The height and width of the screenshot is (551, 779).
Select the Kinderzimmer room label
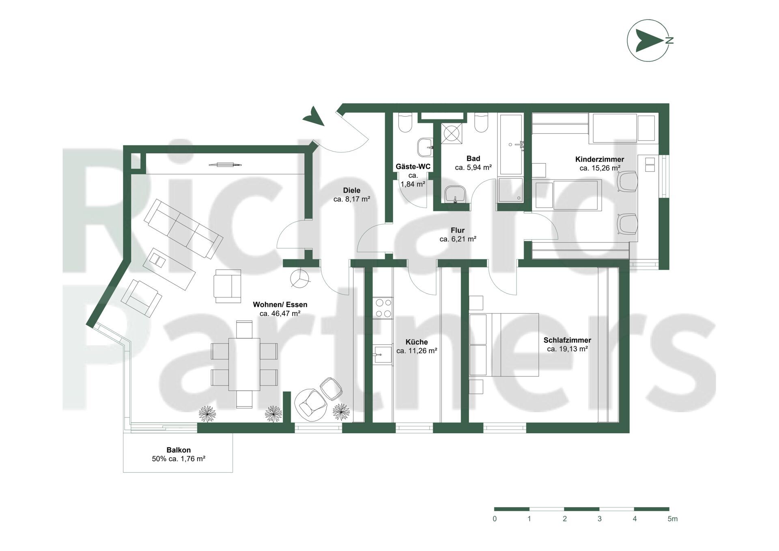click(x=600, y=159)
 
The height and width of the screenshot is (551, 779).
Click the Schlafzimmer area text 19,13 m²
click(x=567, y=349)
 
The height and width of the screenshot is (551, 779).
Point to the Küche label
click(x=417, y=342)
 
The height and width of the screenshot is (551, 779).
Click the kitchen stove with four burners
click(x=383, y=308)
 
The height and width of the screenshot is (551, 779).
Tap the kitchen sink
click(x=383, y=354)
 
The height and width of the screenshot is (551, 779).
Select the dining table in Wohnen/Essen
click(x=244, y=364)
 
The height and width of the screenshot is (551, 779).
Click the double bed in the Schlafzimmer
click(x=504, y=345)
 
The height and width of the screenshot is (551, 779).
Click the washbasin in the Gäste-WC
click(x=426, y=147)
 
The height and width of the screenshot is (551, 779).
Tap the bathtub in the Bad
click(x=511, y=144)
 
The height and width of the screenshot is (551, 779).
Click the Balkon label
click(x=179, y=450)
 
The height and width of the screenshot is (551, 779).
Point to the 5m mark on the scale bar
click(x=672, y=519)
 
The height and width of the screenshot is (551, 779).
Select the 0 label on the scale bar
click(x=495, y=519)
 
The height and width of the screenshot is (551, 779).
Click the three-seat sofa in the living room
click(x=183, y=229)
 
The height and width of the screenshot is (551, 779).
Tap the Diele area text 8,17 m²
click(x=351, y=199)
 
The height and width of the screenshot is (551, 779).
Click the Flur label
click(x=458, y=231)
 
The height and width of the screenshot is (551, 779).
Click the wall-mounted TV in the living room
click(x=225, y=164)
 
